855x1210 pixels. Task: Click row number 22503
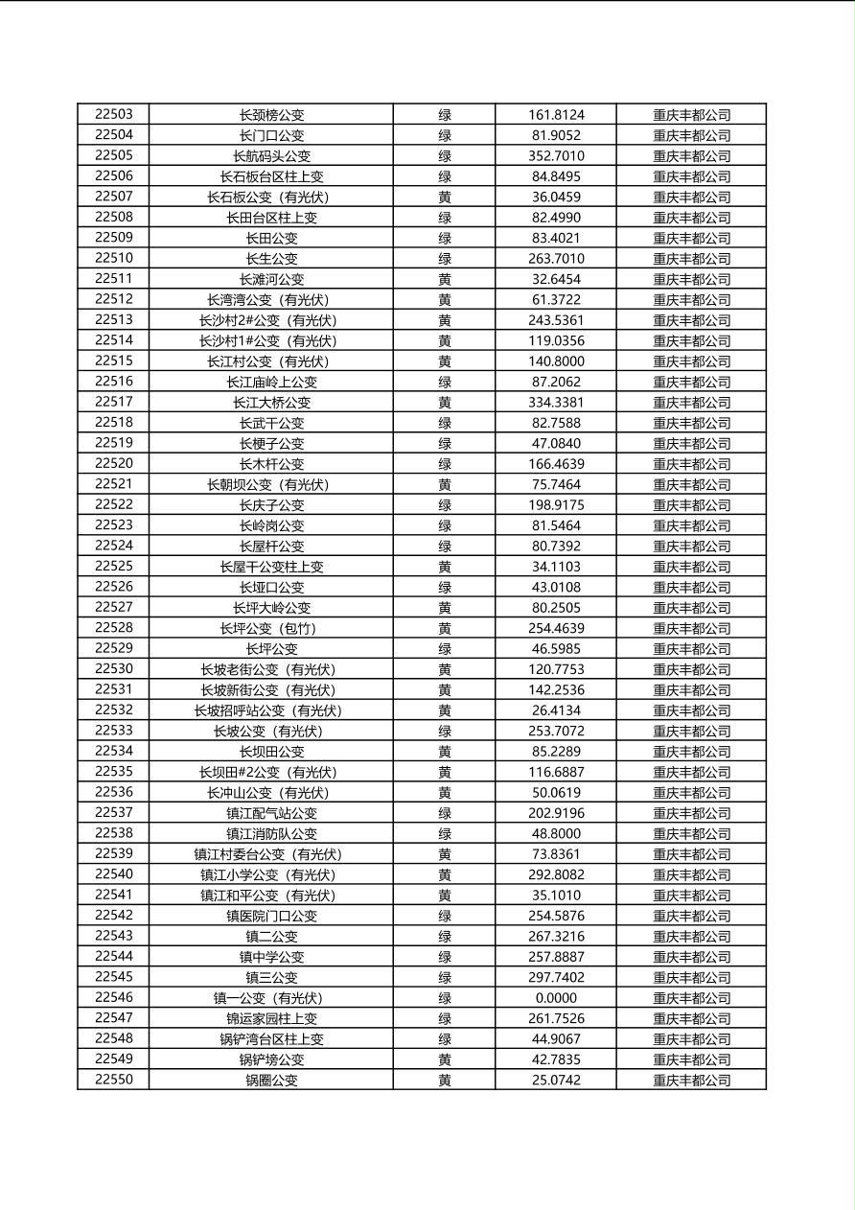click(114, 114)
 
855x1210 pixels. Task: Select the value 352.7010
click(556, 155)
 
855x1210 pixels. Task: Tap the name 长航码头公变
click(271, 155)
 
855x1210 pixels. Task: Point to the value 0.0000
click(556, 998)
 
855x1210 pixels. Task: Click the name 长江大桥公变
click(271, 402)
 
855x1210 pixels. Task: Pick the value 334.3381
click(556, 402)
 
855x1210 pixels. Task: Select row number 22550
click(114, 1080)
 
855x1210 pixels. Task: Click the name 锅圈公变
click(271, 1080)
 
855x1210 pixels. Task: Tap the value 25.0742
click(556, 1080)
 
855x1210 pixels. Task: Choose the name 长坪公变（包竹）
click(271, 628)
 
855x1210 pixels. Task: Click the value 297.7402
click(556, 977)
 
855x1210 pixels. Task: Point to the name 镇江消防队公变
click(271, 833)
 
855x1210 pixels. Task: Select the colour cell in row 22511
click(445, 279)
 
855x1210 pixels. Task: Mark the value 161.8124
click(556, 114)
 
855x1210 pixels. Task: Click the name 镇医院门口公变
click(271, 916)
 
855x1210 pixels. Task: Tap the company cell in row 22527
click(691, 608)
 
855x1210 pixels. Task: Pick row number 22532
click(114, 710)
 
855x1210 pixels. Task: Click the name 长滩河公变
click(271, 279)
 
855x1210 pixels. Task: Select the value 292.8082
click(556, 874)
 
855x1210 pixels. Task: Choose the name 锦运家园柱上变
click(271, 1018)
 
